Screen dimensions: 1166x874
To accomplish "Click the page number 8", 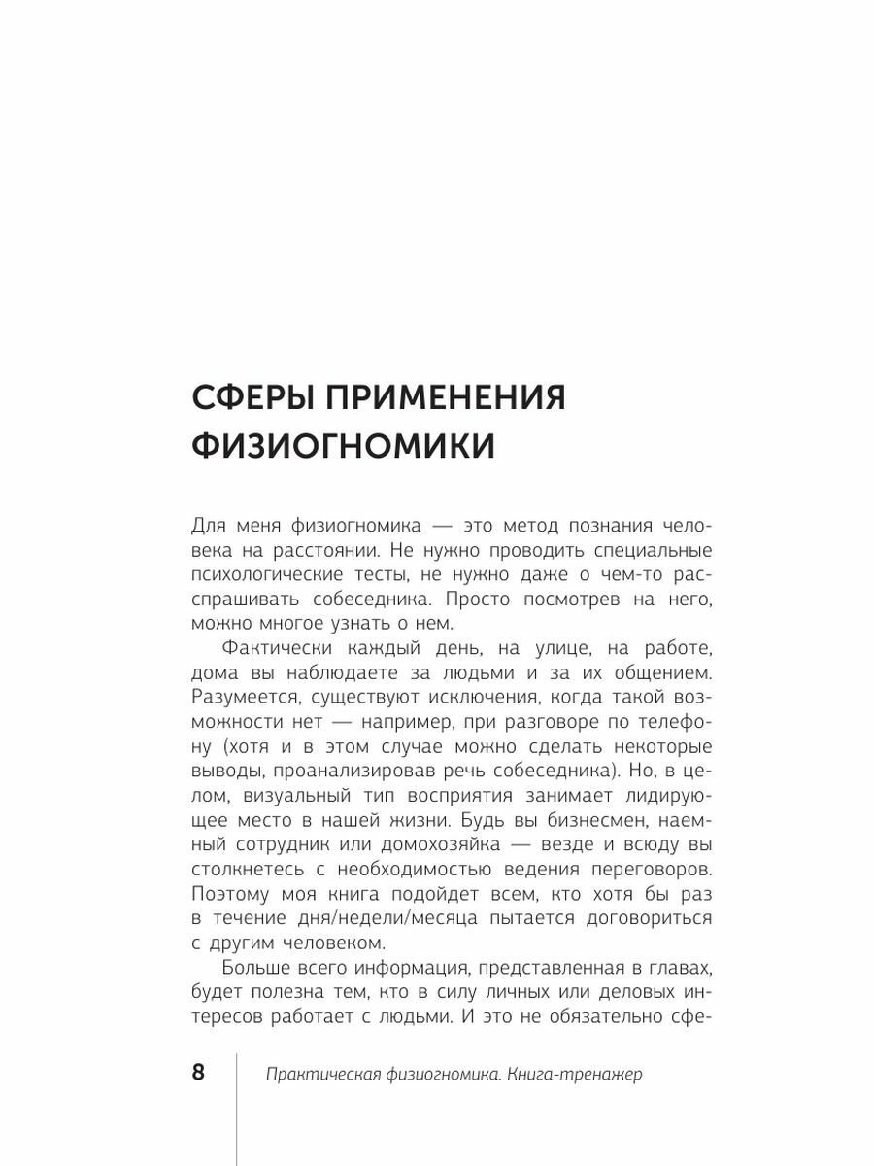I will [x=198, y=1074].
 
